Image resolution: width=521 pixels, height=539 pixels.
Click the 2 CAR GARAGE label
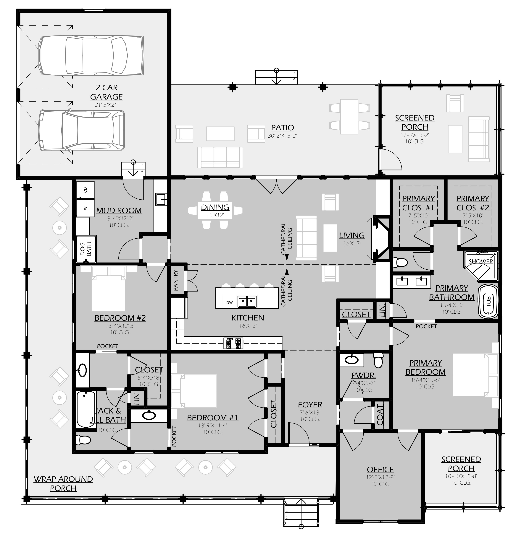[x=106, y=92]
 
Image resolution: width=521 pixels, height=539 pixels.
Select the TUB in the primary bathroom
[x=488, y=301]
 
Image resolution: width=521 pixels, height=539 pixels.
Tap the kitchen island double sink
[x=247, y=301]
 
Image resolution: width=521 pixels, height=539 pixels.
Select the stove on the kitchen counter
[x=233, y=343]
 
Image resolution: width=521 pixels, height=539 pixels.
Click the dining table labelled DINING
[x=215, y=210]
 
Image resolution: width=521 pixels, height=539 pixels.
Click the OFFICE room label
[x=380, y=469]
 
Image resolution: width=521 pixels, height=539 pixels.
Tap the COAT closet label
[x=380, y=415]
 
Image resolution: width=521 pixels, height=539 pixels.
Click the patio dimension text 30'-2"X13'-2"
[x=283, y=136]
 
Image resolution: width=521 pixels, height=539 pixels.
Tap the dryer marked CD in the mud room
[x=85, y=190]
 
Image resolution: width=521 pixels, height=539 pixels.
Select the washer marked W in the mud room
[x=85, y=208]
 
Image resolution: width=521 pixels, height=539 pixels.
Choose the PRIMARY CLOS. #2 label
[x=473, y=203]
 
